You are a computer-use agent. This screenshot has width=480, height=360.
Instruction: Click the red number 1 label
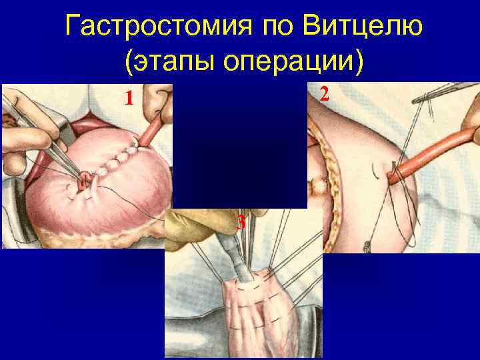coord(131,99)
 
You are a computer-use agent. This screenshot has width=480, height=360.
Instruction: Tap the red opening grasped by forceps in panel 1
coord(85,180)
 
